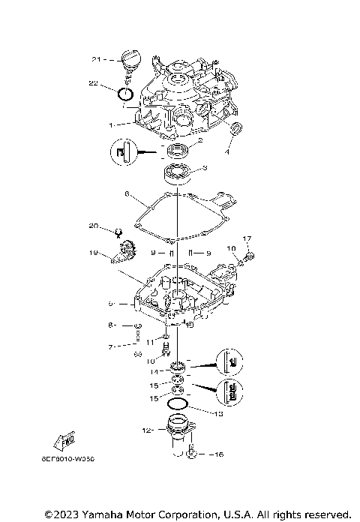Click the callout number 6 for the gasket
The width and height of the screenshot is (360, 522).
point(127,194)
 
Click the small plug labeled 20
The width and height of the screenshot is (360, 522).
point(118,231)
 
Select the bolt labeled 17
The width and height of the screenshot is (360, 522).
point(247,256)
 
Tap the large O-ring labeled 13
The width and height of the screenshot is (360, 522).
point(177,405)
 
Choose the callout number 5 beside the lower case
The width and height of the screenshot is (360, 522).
point(110,304)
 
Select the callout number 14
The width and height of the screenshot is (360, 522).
point(154,371)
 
